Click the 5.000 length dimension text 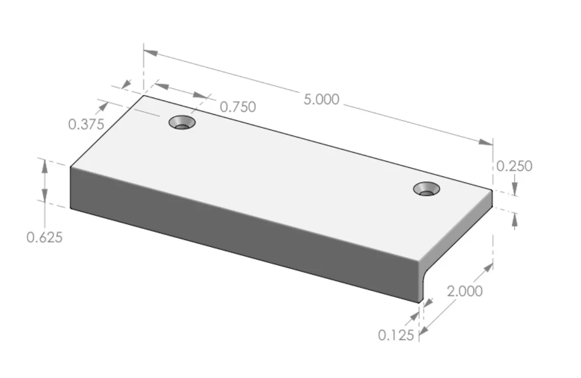pyautogui.click(x=321, y=100)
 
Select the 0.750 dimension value pyautogui.click(x=237, y=107)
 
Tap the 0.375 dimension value pyautogui.click(x=86, y=124)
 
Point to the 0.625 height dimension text pyautogui.click(x=44, y=237)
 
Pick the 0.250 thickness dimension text pyautogui.click(x=514, y=166)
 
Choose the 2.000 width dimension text pyautogui.click(x=464, y=291)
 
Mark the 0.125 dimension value pyautogui.click(x=396, y=335)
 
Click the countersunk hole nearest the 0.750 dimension pyautogui.click(x=182, y=122)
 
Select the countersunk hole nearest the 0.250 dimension pyautogui.click(x=426, y=189)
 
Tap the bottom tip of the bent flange pyautogui.click(x=419, y=302)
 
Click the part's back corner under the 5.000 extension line pyautogui.click(x=144, y=95)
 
